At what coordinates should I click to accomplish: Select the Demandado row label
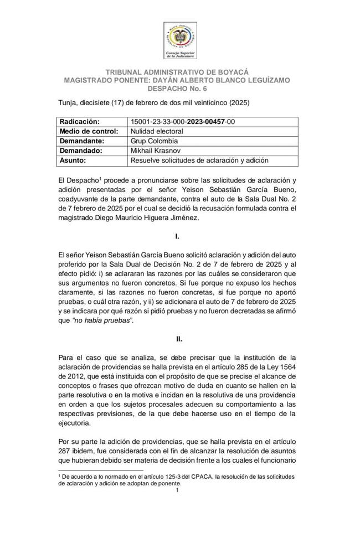[81, 151]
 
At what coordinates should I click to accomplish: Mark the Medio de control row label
[89, 131]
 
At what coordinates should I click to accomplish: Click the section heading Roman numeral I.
[177, 236]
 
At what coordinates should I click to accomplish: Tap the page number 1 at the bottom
[177, 490]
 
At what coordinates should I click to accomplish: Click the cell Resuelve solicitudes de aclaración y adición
[199, 161]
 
